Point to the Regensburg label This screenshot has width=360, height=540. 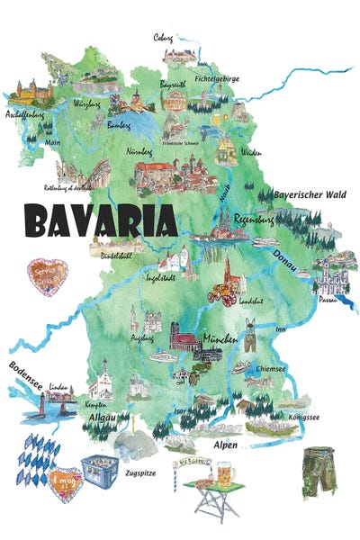coord(253,219)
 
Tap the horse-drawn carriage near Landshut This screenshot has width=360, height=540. coord(220,294)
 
